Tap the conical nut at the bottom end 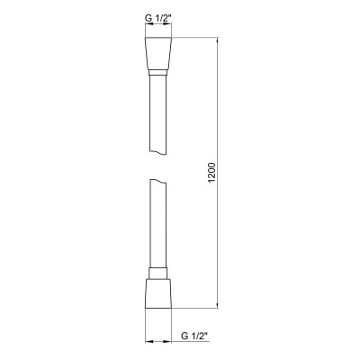[x=158, y=292]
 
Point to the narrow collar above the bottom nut [x=158, y=272]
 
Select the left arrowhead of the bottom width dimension [x=148, y=342]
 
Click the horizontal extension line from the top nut [x=193, y=38]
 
